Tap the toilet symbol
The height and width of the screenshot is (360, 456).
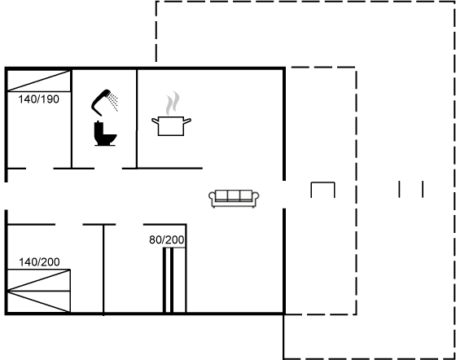(x=105, y=134)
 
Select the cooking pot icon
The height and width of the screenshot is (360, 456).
(x=171, y=125)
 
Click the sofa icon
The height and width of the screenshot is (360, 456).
(x=234, y=199)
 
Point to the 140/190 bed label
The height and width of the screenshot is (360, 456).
(x=39, y=99)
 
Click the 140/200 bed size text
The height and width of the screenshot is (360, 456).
(x=39, y=262)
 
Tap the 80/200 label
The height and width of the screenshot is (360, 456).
(x=167, y=240)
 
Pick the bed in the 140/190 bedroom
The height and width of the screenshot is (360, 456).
(x=39, y=81)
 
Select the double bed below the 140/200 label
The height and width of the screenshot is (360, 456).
(x=38, y=291)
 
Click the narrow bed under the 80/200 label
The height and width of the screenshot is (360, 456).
(x=174, y=280)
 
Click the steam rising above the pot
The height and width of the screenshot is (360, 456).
(x=173, y=103)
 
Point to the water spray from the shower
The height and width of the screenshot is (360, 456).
(x=113, y=102)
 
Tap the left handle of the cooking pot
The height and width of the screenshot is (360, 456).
(x=156, y=121)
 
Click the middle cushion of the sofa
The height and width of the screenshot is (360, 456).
(x=234, y=195)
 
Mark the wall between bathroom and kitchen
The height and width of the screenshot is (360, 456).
(x=137, y=119)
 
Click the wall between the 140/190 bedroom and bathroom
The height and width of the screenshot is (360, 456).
(x=72, y=119)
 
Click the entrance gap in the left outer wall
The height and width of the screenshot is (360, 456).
(x=6, y=195)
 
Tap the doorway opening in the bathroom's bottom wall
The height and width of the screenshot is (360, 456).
(x=108, y=169)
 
